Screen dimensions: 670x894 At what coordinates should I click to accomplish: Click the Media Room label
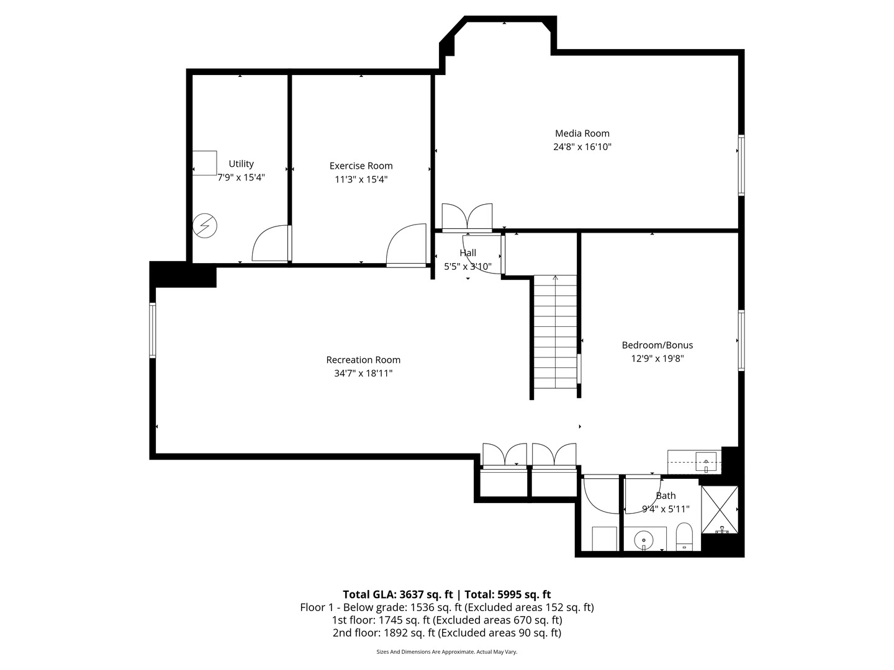[582, 133]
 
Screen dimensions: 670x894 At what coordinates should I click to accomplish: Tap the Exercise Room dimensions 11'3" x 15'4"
[361, 179]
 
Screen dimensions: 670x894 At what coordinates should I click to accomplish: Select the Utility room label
[241, 164]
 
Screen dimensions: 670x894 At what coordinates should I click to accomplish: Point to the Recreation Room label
[363, 360]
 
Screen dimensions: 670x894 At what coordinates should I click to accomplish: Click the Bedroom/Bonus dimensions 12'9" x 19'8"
[657, 359]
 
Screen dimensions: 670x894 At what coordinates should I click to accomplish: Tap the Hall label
[467, 252]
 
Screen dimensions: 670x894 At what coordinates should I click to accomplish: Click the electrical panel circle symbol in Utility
[205, 226]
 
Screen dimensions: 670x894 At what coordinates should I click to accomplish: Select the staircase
[555, 332]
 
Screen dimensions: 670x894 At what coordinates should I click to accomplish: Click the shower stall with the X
[720, 510]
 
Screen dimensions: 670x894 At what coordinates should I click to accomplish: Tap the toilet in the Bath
[684, 537]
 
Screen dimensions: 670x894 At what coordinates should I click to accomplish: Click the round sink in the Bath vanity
[644, 540]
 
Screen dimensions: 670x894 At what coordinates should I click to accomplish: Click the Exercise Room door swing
[406, 245]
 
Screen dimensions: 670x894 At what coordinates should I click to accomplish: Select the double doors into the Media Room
[467, 218]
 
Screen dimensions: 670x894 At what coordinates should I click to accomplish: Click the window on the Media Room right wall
[741, 165]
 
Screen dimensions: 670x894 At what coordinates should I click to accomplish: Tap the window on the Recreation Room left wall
[153, 330]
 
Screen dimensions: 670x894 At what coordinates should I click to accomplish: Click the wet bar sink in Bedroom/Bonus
[706, 462]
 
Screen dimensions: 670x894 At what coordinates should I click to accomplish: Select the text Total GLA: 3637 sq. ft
[397, 594]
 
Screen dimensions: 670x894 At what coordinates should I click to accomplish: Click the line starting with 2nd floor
[446, 633]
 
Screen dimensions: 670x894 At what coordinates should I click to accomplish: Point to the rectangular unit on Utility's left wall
[204, 163]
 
